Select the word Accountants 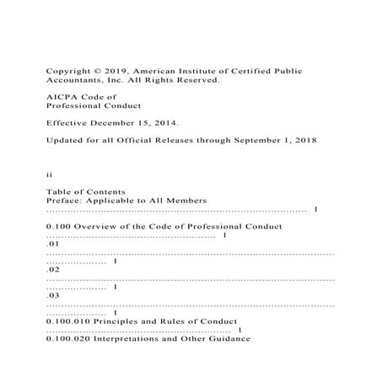pos(72,81)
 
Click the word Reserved pos(196,81)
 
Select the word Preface pos(64,201)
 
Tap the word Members pos(186,201)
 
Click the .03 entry pos(51,299)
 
